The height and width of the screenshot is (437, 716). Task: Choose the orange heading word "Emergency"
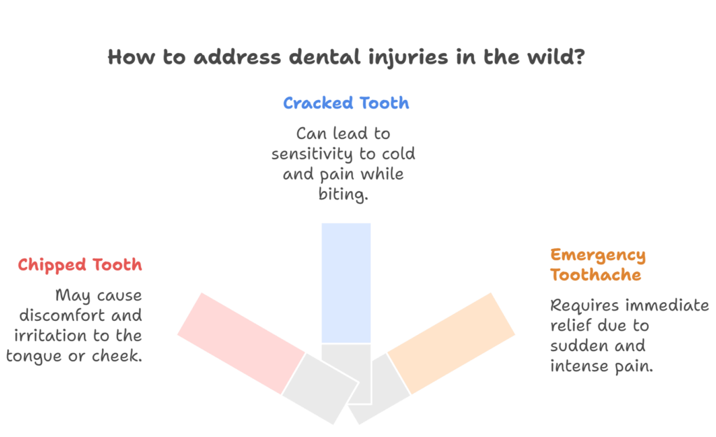pos(598,255)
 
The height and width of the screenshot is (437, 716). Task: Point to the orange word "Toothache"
pos(595,275)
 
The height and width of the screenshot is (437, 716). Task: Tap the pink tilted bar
pos(241,343)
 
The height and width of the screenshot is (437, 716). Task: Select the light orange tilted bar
pos(451,343)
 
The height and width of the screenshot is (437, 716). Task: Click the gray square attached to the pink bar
pos(319,387)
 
